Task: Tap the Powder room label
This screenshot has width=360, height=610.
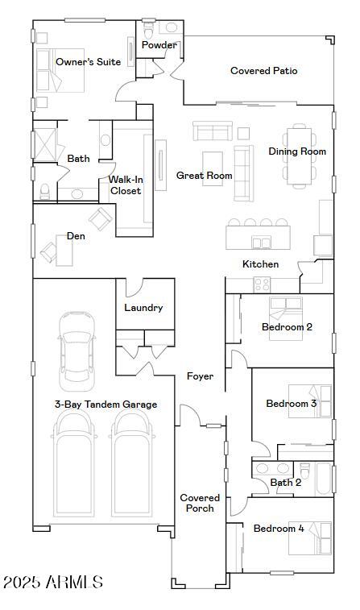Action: (x=159, y=45)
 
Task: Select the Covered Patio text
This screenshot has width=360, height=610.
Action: (x=263, y=71)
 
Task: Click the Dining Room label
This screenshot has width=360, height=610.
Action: (x=297, y=151)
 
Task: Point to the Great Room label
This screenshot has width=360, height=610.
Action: (x=205, y=176)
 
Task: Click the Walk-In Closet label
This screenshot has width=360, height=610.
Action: (x=126, y=185)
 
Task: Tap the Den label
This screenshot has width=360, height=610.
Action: (x=76, y=236)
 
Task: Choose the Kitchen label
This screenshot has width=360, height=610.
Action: (x=261, y=264)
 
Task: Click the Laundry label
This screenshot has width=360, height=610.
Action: (x=143, y=308)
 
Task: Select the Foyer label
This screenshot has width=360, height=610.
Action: (x=200, y=376)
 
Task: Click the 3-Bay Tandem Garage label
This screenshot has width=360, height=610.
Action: (x=106, y=405)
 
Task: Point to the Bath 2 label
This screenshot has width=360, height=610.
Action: (x=286, y=483)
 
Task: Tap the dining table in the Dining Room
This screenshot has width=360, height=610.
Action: (x=299, y=155)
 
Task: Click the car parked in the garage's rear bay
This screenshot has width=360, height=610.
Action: (x=77, y=348)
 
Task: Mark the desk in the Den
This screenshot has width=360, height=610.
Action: (x=64, y=251)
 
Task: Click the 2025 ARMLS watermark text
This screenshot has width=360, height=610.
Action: (x=52, y=582)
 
